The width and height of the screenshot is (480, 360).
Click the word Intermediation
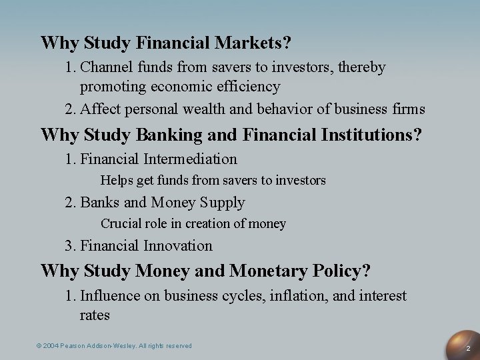coord(190,159)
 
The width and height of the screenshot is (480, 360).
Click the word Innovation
coord(178,246)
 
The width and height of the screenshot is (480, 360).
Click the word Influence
coord(109,296)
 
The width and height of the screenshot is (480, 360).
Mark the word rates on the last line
coord(95,314)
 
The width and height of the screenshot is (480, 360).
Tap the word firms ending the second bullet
coord(409,109)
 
